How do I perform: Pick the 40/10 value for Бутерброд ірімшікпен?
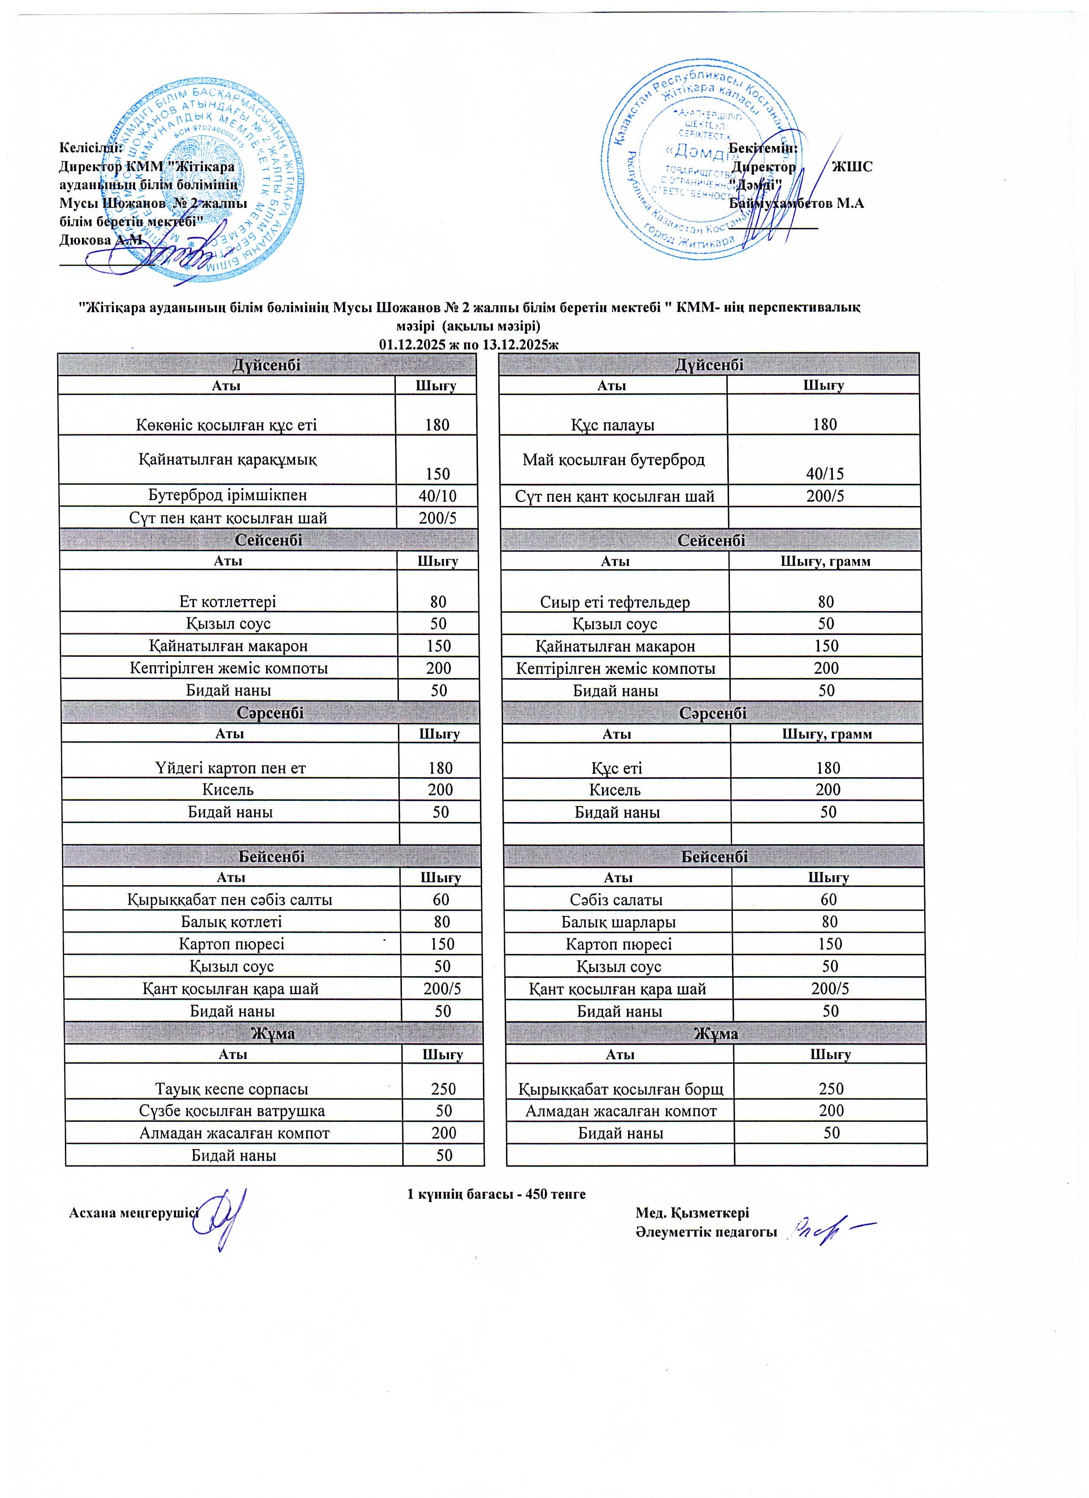coord(436,495)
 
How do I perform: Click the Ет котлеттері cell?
coord(228,601)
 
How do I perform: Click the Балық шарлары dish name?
coord(618,922)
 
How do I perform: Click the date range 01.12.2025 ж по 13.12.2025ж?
coord(469,344)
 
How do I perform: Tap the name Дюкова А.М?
coord(100,240)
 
